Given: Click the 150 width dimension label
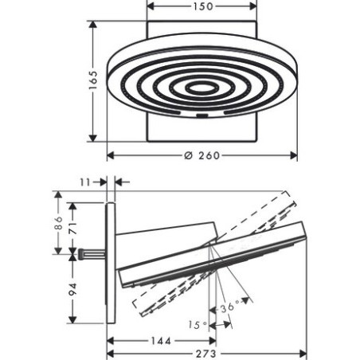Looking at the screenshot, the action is [203, 6].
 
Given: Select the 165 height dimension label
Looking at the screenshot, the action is [93, 80].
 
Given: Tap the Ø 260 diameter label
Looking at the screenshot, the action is [202, 155].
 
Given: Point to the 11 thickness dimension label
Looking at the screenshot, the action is [85, 182].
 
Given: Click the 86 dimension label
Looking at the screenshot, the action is [58, 222].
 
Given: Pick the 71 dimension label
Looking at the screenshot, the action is [72, 228].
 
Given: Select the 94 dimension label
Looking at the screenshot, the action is [72, 289].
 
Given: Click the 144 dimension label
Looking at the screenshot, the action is [161, 341].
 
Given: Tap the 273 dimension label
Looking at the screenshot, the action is [206, 354].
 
